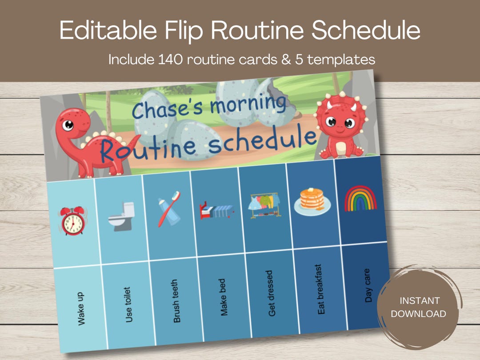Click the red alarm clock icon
[x=73, y=221]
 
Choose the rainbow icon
[x=360, y=199]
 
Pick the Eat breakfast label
[x=320, y=289]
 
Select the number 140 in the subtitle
[x=172, y=60]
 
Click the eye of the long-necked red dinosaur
[x=68, y=125]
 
